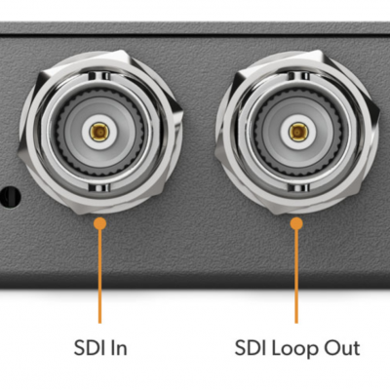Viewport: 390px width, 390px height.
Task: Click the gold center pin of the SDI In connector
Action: tap(99, 132)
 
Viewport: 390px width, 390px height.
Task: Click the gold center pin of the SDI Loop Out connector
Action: tap(298, 132)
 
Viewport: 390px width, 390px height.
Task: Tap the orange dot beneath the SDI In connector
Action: tap(99, 223)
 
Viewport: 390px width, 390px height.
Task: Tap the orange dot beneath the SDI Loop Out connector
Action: tap(296, 223)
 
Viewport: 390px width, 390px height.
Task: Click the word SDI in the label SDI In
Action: tap(87, 347)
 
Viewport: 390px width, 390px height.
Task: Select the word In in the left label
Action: tap(116, 347)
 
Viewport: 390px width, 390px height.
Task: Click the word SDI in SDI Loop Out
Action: tap(249, 347)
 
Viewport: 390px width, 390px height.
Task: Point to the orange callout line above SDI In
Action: tap(99, 276)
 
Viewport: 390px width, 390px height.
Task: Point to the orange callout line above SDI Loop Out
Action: tap(296, 276)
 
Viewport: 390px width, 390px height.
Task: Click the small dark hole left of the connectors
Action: tap(11, 197)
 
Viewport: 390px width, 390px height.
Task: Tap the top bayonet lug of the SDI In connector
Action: tap(99, 76)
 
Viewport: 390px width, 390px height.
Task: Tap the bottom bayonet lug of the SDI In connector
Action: tap(99, 188)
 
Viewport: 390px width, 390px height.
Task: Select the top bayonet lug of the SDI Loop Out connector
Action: tap(298, 76)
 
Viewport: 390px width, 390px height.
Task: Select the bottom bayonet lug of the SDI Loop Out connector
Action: tap(298, 188)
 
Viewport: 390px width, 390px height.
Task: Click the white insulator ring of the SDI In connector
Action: tap(99, 143)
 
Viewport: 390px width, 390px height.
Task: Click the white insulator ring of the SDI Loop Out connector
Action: tap(298, 143)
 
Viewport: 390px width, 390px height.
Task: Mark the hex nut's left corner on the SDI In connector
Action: tap(19, 155)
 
